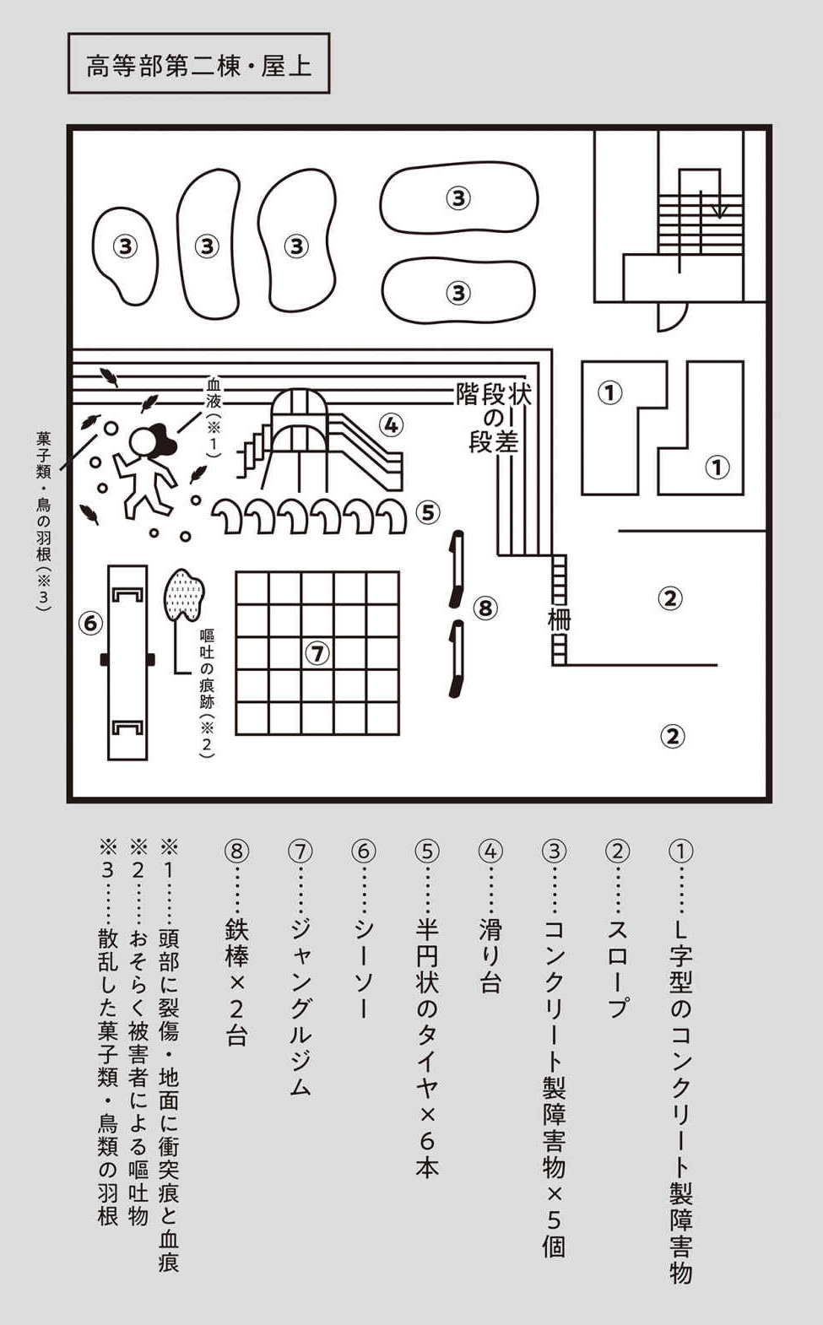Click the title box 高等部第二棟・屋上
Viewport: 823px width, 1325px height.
coord(199,63)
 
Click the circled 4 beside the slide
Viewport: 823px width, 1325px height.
coord(391,425)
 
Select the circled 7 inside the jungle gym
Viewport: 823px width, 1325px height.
coord(317,653)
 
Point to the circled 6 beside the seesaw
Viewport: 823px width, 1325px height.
coord(90,623)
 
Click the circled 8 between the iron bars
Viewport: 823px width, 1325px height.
coord(485,608)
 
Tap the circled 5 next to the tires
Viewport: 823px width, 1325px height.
coord(428,513)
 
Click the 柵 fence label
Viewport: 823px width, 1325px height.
coord(559,619)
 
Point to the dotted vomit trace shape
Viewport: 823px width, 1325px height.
coord(185,596)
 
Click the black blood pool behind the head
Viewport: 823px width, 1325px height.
coord(163,439)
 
